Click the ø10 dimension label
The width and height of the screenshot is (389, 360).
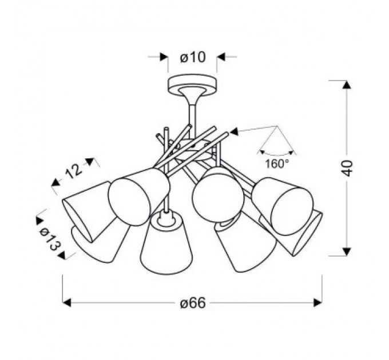click(x=193, y=58)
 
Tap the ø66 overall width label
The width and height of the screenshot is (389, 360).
click(x=193, y=303)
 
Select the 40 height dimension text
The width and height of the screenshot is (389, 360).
click(x=347, y=168)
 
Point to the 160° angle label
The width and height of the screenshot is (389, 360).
click(x=277, y=164)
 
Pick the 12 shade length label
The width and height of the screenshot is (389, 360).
click(x=74, y=171)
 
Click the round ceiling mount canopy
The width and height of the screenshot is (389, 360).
click(x=193, y=84)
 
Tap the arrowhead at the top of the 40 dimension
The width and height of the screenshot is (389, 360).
click(x=347, y=85)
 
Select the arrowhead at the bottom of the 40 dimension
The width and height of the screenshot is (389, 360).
click(x=347, y=251)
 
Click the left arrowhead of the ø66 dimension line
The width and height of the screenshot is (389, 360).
click(x=67, y=302)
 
